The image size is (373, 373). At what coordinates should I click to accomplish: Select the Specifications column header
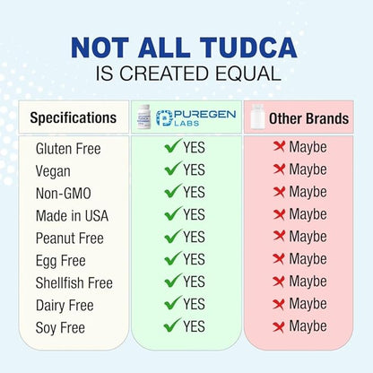coord(73,117)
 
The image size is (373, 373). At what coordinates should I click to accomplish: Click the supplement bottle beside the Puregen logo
coord(143,117)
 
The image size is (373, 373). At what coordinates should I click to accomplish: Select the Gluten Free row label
coord(67,147)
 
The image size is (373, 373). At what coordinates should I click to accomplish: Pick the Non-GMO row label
coord(63,192)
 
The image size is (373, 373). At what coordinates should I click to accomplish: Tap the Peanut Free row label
coord(69,238)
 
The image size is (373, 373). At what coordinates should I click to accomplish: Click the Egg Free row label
coord(60,260)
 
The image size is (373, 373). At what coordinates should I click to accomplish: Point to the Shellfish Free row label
coord(74,282)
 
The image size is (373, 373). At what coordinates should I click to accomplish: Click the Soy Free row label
coord(60,328)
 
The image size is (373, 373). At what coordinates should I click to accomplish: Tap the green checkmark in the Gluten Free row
coord(172,146)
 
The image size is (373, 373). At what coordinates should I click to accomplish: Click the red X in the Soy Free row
coord(279,327)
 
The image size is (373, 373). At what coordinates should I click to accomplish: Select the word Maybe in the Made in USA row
coord(308,214)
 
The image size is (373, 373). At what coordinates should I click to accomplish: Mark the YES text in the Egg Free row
coord(194,260)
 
